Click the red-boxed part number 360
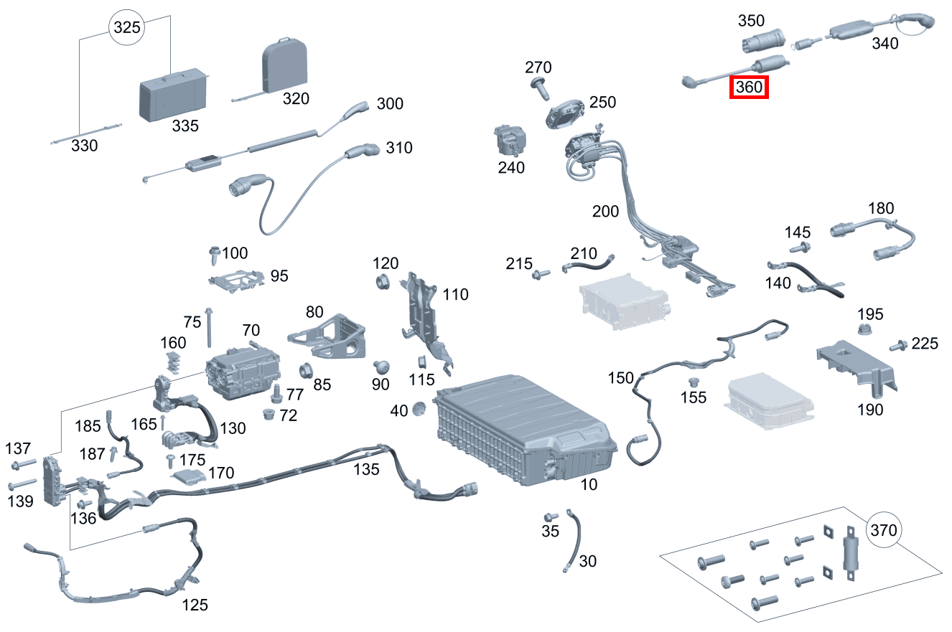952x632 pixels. [x=749, y=88]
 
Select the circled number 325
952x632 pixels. [x=126, y=29]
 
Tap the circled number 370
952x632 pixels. [x=883, y=531]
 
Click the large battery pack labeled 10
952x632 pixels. [x=525, y=428]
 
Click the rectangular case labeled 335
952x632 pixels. [x=172, y=94]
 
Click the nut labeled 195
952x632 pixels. [x=866, y=331]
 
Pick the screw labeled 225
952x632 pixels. [x=897, y=346]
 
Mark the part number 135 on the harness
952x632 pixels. [x=366, y=469]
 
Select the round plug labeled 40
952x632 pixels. [x=420, y=409]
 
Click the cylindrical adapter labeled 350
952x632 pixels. [x=762, y=41]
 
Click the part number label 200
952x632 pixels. [x=605, y=212]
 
